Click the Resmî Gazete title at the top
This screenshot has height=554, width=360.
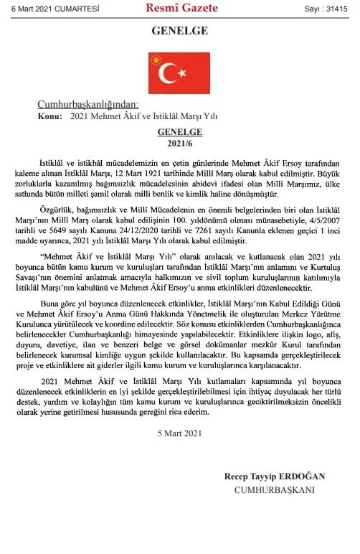(180, 9)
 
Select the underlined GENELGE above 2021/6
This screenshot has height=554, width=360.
(180, 131)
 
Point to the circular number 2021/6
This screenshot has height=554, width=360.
(180, 141)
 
